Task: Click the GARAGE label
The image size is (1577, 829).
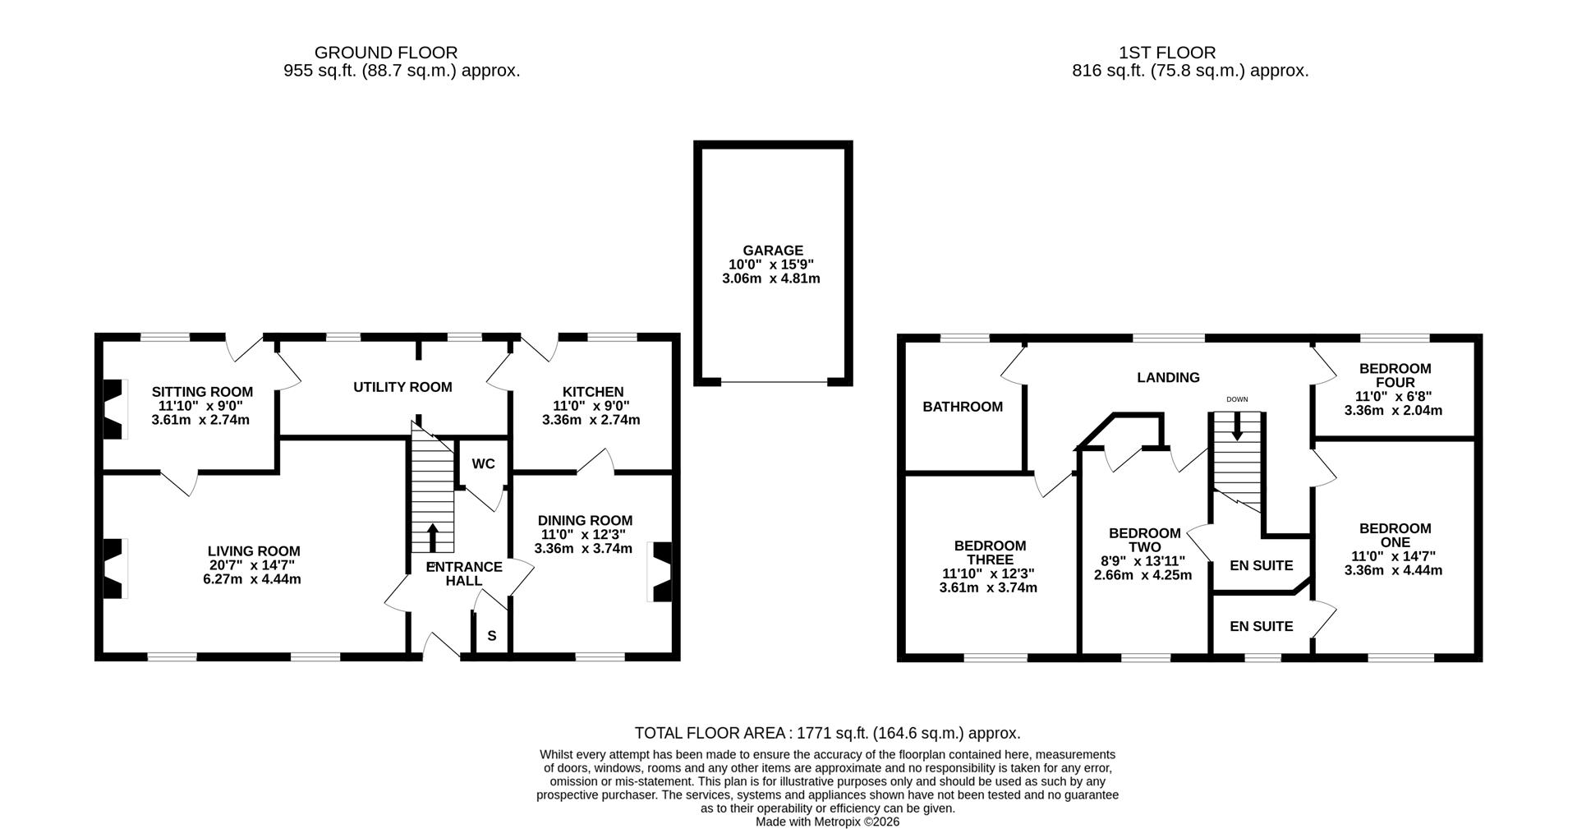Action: click(772, 251)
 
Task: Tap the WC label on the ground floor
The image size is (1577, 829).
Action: click(483, 464)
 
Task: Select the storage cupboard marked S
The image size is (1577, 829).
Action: click(492, 636)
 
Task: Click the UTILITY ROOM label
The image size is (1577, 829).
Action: click(402, 387)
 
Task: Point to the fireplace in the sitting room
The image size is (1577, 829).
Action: click(113, 408)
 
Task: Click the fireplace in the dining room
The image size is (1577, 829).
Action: click(661, 573)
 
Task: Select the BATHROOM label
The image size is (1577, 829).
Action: click(962, 407)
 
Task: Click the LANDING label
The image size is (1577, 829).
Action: click(1167, 378)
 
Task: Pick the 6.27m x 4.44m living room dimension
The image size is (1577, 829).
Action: click(252, 579)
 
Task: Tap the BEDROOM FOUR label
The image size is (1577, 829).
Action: click(1395, 375)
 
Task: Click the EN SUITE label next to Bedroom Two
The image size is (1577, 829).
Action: click(1261, 565)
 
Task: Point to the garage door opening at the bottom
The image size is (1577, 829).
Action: click(774, 382)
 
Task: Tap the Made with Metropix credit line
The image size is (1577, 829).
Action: click(827, 822)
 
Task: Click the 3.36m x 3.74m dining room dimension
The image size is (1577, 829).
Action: click(582, 549)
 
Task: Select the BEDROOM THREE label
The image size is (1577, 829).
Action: click(989, 553)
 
